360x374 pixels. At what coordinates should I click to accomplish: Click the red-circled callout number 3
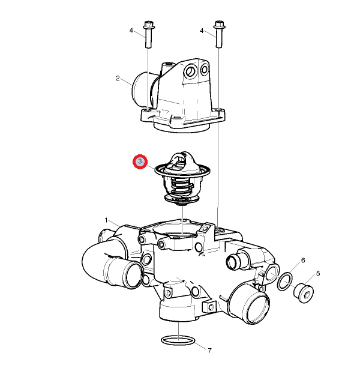[140, 161]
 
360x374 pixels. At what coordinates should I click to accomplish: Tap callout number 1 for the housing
[106, 220]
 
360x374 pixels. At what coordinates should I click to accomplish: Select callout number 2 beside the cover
[118, 78]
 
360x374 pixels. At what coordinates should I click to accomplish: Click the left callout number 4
[131, 31]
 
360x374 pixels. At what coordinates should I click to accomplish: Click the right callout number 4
[202, 31]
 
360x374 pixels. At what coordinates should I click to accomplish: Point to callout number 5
[318, 274]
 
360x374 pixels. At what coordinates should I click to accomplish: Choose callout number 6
[303, 260]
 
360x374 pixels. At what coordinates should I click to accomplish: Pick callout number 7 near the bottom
[209, 351]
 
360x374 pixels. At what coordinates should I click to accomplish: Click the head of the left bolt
[149, 25]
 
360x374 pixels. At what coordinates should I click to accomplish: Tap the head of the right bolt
[219, 25]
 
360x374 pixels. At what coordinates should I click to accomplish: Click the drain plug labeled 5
[303, 293]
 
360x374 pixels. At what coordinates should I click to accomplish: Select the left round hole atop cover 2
[190, 71]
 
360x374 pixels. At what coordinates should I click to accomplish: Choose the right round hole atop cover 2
[205, 69]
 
